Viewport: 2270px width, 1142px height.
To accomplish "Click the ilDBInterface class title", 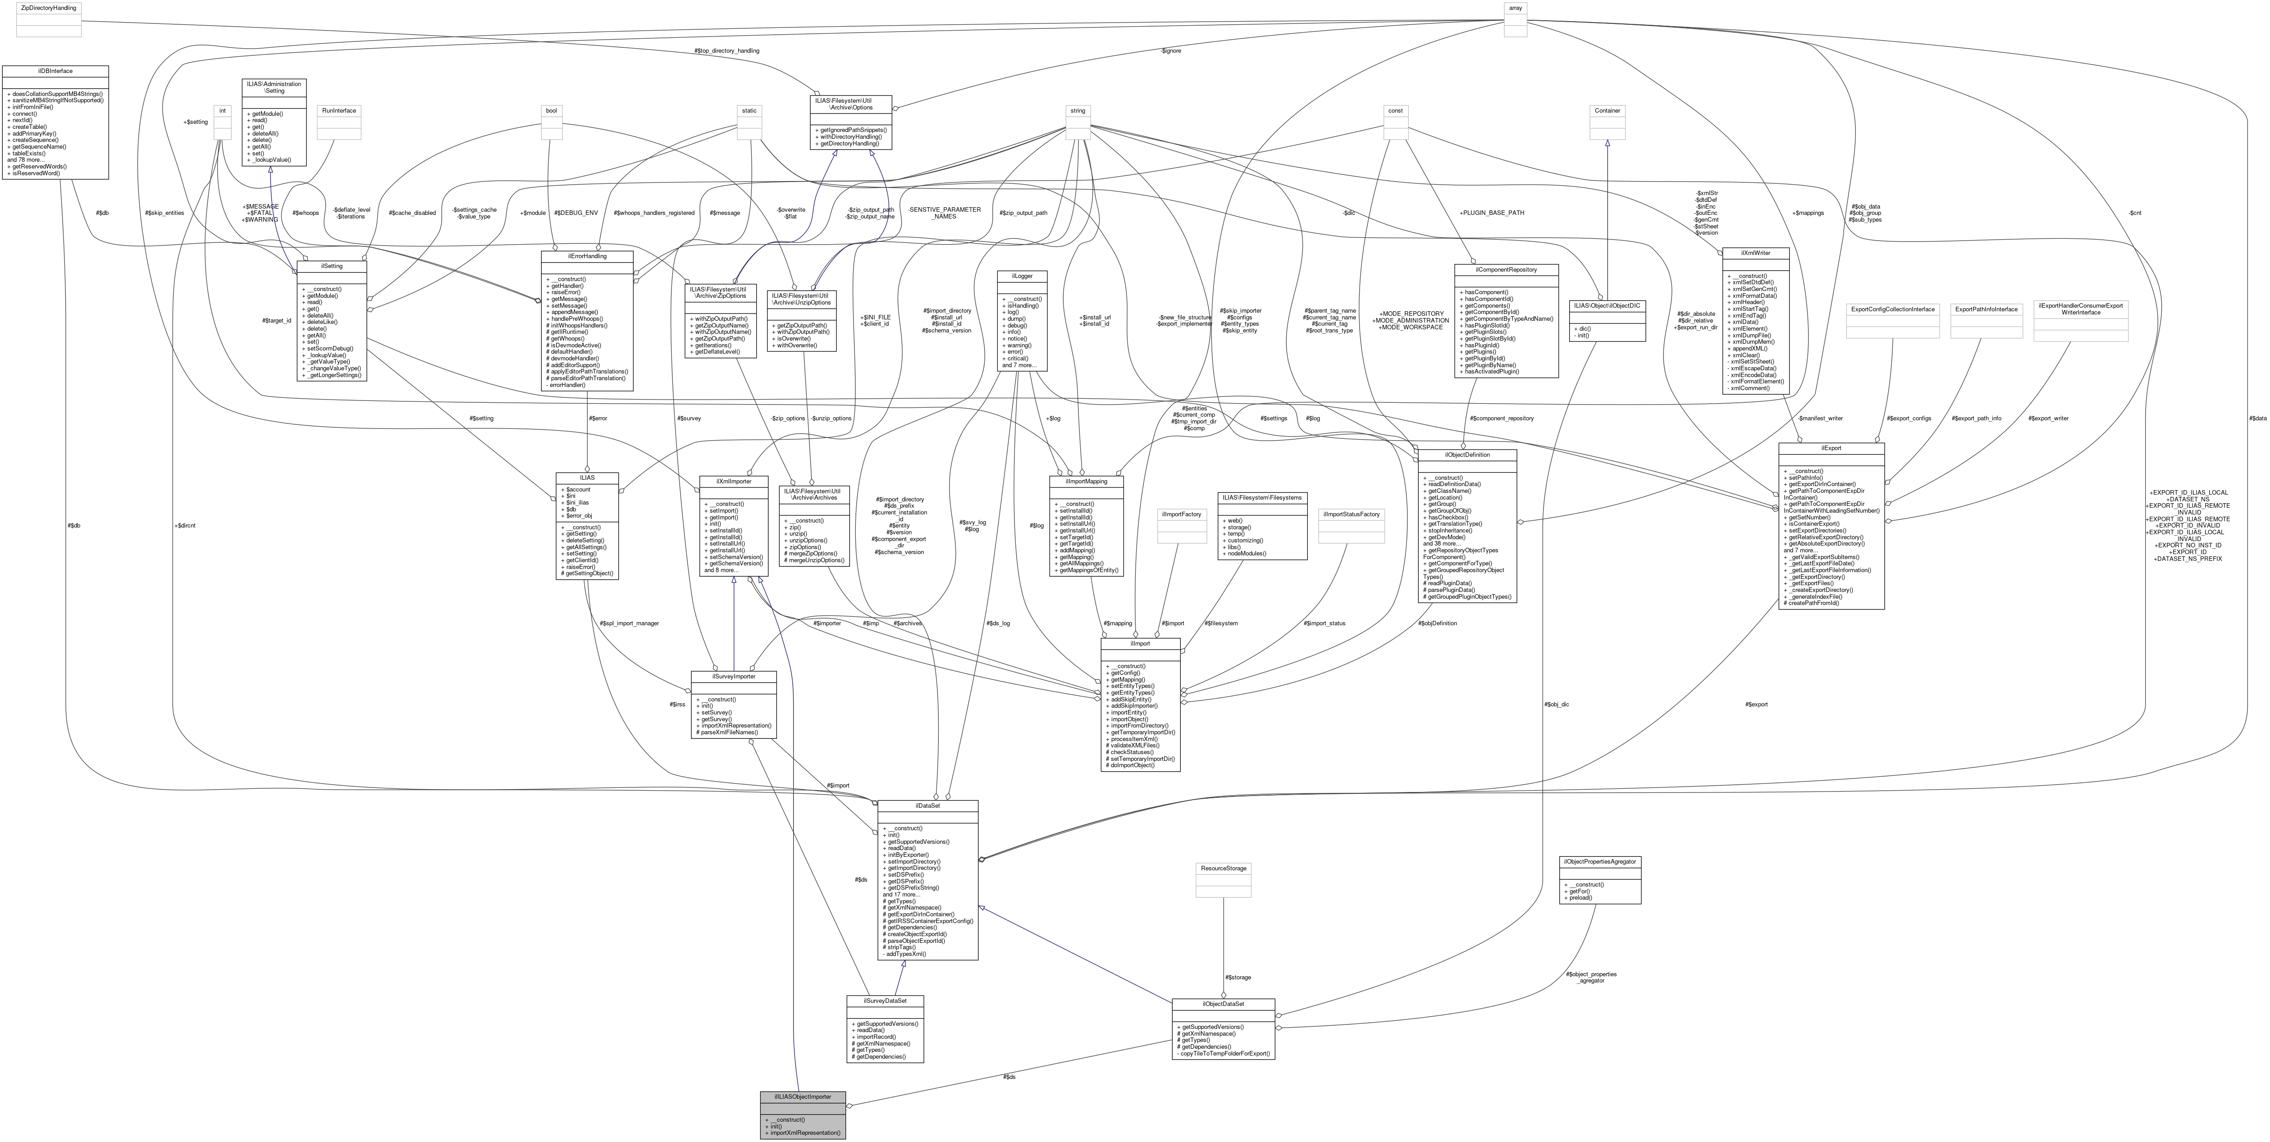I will click(55, 70).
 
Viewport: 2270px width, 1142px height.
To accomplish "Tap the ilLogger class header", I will click(1021, 276).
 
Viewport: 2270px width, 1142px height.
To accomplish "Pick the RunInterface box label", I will click(339, 110).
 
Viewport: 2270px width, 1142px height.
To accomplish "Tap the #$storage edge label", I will click(1237, 977).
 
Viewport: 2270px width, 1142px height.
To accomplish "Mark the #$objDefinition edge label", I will click(1437, 623).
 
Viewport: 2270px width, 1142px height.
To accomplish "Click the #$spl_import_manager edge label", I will click(629, 623).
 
